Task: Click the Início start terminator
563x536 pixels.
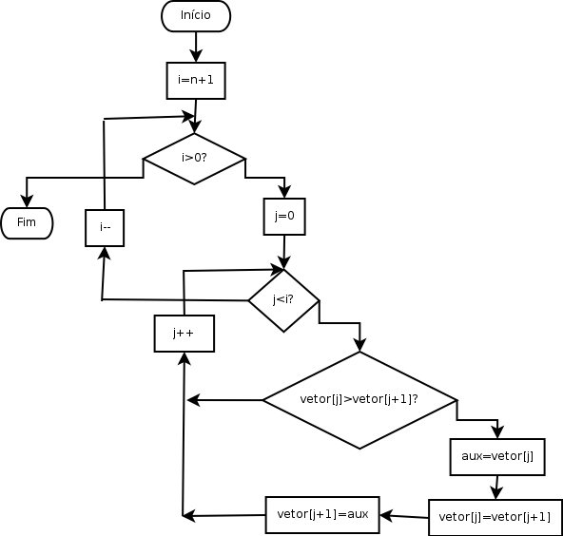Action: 196,16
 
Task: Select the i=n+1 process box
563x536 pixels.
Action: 196,81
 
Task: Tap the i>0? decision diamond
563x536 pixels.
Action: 194,159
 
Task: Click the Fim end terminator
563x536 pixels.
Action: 27,223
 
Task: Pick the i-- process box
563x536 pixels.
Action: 105,228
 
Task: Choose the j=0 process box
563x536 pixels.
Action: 284,217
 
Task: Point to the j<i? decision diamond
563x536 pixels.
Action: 283,300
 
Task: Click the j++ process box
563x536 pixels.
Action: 184,334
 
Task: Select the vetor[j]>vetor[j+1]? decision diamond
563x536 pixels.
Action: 359,400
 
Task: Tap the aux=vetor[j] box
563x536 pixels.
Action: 497,457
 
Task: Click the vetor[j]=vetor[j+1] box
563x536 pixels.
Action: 495,517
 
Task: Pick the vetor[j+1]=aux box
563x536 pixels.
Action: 322,515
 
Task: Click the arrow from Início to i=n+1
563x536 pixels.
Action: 196,47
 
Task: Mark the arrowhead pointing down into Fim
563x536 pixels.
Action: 27,201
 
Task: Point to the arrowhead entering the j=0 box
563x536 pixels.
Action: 284,192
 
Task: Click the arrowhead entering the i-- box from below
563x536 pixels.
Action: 105,253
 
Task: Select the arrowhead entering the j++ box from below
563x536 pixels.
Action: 184,359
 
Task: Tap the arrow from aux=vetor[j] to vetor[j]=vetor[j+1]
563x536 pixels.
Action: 497,488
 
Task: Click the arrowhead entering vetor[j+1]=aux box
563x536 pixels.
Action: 386,516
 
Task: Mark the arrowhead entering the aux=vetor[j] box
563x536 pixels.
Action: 497,431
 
